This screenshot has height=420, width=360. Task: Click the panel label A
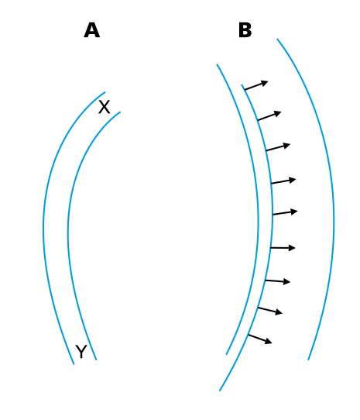[x=91, y=31]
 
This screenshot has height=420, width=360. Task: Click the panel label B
[x=245, y=31]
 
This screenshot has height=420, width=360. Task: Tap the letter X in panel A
[x=104, y=108]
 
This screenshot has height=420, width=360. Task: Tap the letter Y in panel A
[x=81, y=353]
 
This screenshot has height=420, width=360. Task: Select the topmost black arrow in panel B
[x=256, y=85]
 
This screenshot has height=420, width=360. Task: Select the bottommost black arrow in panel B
[x=259, y=339]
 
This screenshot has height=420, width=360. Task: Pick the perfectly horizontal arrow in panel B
[x=283, y=248]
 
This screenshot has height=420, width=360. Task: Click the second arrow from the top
[x=269, y=115]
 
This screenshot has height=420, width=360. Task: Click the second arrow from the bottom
[x=269, y=311]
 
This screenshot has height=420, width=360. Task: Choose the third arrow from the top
[x=277, y=147]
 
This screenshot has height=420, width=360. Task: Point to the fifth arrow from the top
[x=284, y=212]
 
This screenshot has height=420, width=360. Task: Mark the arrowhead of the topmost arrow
[x=265, y=81]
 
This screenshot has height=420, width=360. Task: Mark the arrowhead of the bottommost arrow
[x=269, y=342]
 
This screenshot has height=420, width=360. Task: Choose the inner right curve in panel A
[x=68, y=232]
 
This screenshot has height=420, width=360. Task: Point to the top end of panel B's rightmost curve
[x=277, y=40]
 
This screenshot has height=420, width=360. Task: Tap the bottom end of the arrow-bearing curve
[x=220, y=390]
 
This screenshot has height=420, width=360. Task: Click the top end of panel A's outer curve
[x=105, y=93]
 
